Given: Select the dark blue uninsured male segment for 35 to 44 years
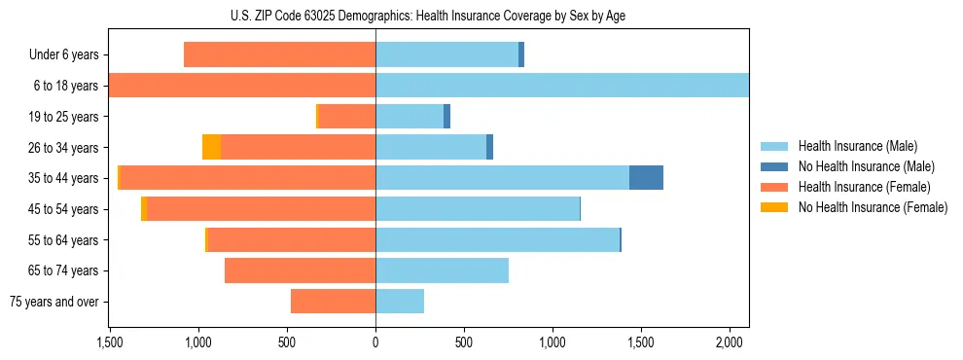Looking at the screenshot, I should (646, 178).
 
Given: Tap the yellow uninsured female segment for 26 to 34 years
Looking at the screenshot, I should (211, 147).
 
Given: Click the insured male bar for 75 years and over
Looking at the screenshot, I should (400, 302).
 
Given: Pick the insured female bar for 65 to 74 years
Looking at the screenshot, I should (300, 270).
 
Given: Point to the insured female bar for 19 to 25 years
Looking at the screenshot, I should (347, 117).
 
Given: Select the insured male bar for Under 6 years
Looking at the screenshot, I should (446, 54).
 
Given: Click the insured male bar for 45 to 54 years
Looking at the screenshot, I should (478, 209).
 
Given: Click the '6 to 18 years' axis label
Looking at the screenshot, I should (66, 86).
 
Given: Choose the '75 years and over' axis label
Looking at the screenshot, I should (54, 302).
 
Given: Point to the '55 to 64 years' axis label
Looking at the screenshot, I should (63, 240).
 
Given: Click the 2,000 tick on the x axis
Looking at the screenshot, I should (730, 342).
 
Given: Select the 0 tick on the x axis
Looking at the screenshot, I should (375, 342).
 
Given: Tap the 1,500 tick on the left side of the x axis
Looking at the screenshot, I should (109, 342).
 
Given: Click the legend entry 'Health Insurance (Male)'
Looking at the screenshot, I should (857, 146).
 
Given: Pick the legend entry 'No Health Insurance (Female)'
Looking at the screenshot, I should (873, 207).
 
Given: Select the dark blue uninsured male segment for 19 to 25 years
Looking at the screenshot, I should (446, 117).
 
